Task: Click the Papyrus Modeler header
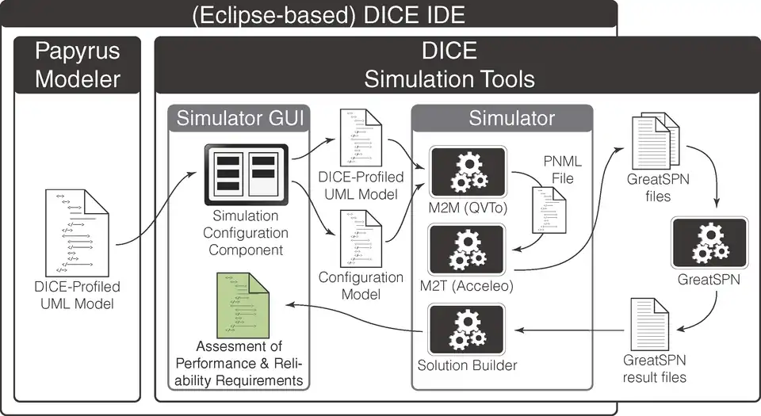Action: [78, 66]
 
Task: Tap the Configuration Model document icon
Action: [361, 239]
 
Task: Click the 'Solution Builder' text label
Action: [467, 366]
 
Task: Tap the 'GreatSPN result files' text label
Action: [655, 368]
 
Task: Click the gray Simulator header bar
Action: [502, 118]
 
